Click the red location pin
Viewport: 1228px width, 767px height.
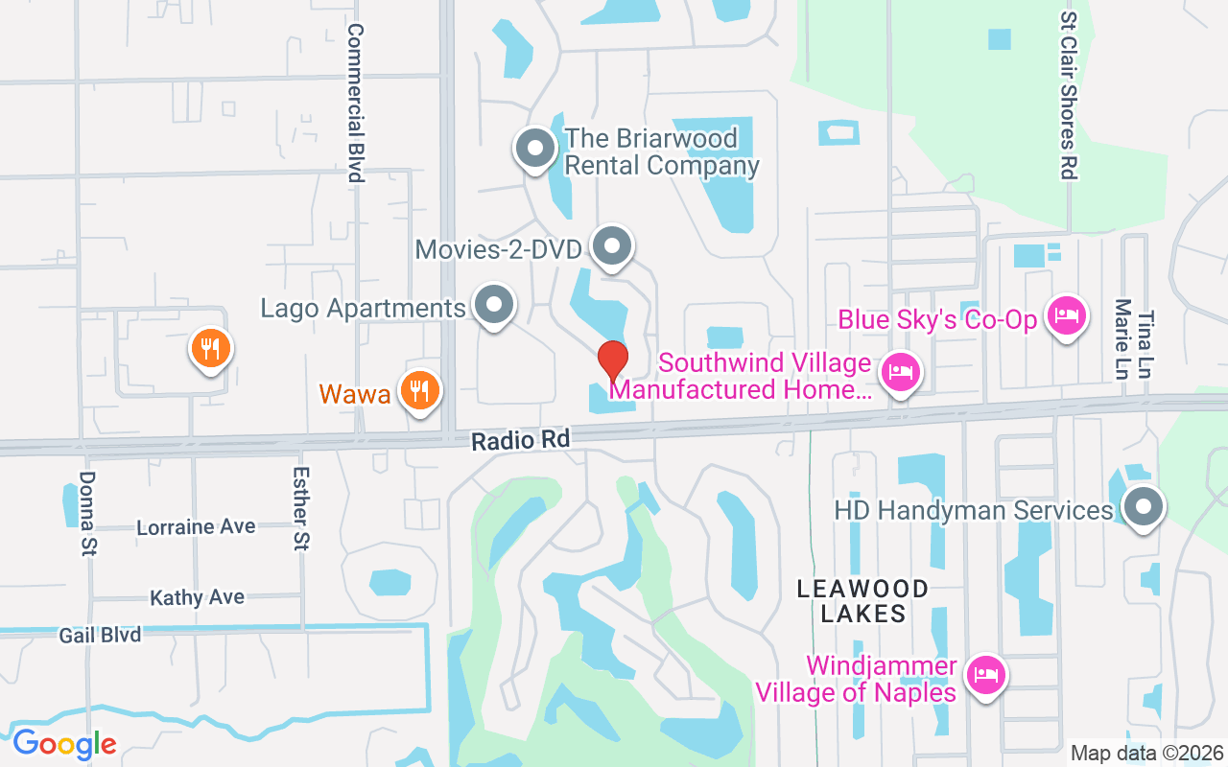[613, 360]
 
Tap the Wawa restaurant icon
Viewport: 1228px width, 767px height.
[419, 391]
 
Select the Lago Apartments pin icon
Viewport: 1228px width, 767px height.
[494, 306]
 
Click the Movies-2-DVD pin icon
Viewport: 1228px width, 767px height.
[612, 247]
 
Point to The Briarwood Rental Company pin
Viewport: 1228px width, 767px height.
[535, 150]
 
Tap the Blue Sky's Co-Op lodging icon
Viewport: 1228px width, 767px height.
[1066, 314]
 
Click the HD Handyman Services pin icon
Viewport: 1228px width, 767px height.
[1142, 505]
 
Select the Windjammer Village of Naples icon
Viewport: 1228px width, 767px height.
[985, 676]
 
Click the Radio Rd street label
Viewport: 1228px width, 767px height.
[520, 440]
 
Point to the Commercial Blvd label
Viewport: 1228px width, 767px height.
[356, 103]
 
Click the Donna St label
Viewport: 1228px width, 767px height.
[88, 513]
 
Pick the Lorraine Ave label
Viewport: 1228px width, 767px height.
[196, 527]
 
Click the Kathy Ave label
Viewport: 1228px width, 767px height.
[197, 597]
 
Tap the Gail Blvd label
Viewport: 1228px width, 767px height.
[100, 635]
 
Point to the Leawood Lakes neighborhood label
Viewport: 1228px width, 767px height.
[862, 601]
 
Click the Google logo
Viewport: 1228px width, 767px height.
[64, 744]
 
